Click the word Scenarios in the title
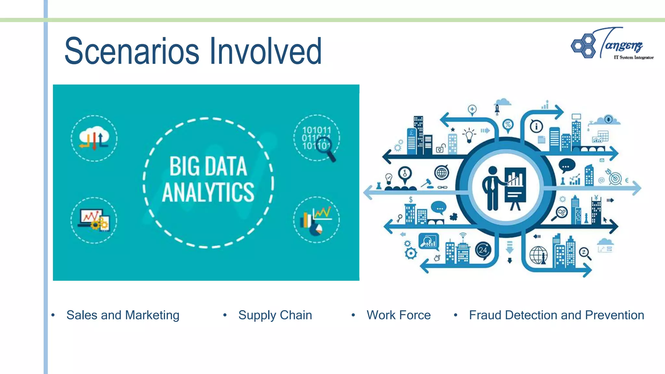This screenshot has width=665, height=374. pos(132,51)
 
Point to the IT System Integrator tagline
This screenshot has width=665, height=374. pos(633,57)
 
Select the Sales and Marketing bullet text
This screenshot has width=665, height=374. pos(123,315)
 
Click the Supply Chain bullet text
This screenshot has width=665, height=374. pos(275,315)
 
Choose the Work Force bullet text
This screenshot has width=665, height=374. pos(398,315)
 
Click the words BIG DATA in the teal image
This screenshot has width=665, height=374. pos(208,167)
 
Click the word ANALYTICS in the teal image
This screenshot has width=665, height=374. pos(208,192)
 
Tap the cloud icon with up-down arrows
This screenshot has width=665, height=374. pos(94,138)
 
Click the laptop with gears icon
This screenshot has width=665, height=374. pos(94,220)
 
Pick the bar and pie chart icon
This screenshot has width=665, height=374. pos(316,220)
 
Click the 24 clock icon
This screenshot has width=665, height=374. pos(483,250)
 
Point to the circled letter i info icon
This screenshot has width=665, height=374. pos(536,126)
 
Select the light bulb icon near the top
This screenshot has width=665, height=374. pos(469,135)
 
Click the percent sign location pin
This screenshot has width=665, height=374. pos(508,125)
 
